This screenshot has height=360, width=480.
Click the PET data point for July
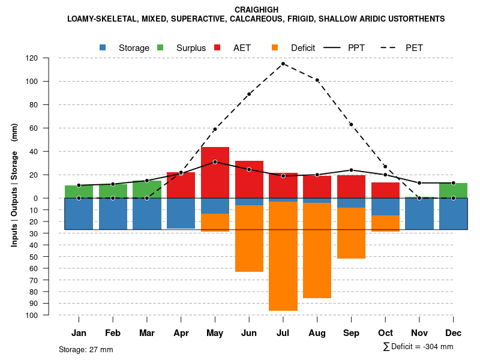point(283,64)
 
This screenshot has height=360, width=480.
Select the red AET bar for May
point(215,172)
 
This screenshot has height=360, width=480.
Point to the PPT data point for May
point(215,162)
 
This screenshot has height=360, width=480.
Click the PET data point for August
point(317,80)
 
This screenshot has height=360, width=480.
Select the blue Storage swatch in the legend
point(103,47)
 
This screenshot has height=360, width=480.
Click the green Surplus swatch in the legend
point(160,47)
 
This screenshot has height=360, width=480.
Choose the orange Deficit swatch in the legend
point(275,47)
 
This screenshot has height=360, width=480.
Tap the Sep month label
point(352,333)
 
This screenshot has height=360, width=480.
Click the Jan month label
point(79,333)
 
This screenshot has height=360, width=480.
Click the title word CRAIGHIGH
point(256,10)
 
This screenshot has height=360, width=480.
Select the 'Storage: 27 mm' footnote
point(86,349)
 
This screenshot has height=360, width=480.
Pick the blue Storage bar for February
point(113,214)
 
